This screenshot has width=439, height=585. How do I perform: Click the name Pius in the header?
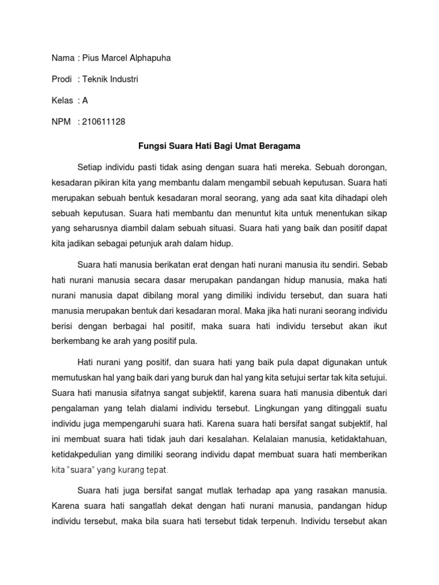tap(91, 58)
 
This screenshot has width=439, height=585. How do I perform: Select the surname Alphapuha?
tap(149, 58)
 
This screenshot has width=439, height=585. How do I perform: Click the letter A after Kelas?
tap(85, 100)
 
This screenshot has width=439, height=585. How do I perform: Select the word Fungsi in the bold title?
tap(153, 146)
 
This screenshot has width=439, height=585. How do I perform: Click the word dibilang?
tap(166, 296)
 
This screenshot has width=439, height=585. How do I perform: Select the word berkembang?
tap(74, 342)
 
